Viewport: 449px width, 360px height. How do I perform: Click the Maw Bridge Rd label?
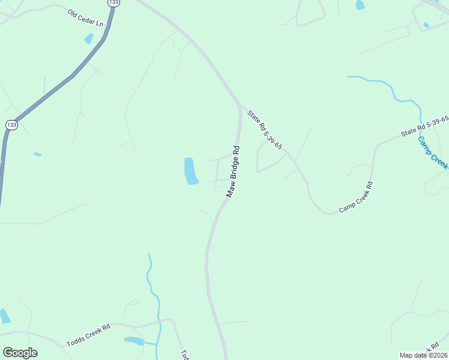click(x=234, y=172)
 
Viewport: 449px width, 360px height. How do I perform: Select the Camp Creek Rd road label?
click(x=356, y=197)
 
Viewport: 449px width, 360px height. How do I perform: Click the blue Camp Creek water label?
click(x=433, y=152)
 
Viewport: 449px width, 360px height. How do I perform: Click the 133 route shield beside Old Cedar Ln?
click(x=113, y=3)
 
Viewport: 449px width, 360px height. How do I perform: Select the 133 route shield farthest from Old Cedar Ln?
click(x=11, y=125)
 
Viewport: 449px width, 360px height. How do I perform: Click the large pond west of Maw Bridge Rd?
click(x=190, y=171)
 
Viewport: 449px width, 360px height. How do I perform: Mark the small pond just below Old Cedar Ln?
click(x=89, y=38)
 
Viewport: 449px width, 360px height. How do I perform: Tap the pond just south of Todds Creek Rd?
click(x=134, y=341)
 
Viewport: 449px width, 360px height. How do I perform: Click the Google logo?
click(x=20, y=353)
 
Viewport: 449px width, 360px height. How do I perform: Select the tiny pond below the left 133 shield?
click(x=37, y=154)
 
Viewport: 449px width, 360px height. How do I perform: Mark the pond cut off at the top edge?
click(x=360, y=5)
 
